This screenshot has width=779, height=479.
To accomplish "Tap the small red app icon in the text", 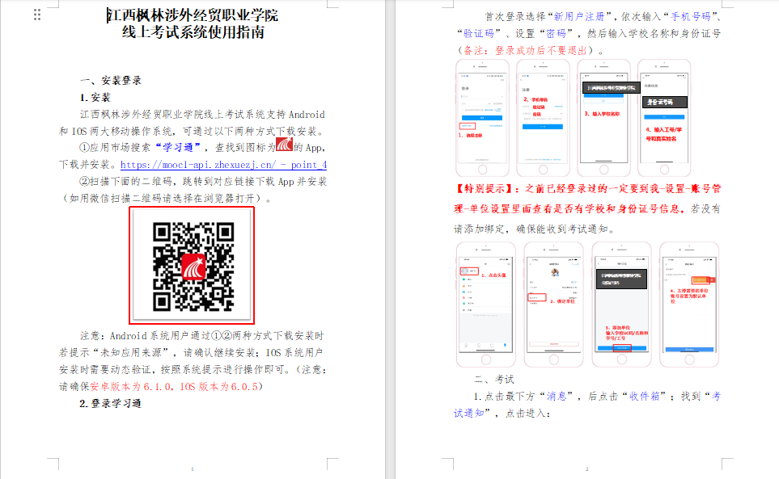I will point(284,145).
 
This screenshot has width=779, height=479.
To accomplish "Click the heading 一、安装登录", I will point(111,80).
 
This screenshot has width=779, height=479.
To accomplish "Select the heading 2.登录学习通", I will point(110,403).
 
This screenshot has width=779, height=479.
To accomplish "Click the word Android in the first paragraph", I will point(307,114).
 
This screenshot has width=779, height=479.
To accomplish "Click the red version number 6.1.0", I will point(159,387).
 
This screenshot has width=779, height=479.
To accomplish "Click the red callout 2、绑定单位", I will point(563,300).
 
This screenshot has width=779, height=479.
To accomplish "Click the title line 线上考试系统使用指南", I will point(193,33).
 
